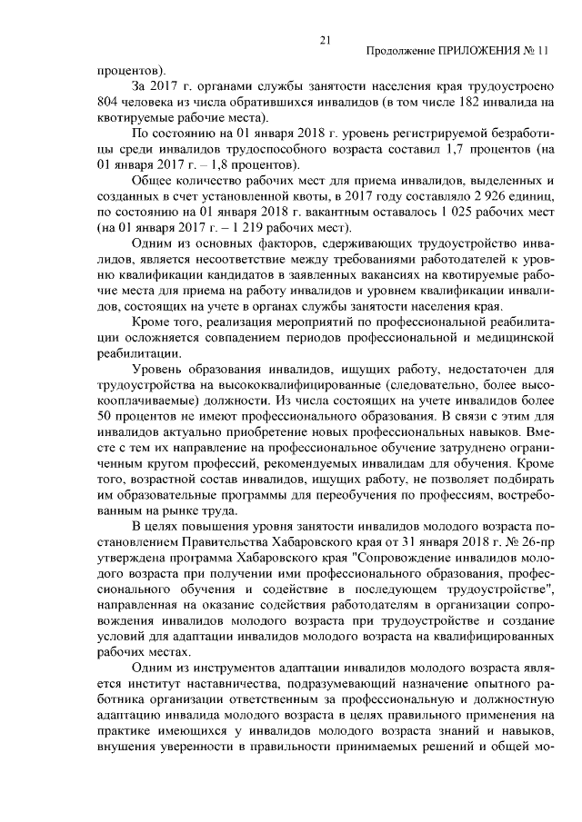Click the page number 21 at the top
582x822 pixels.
[x=325, y=39]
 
